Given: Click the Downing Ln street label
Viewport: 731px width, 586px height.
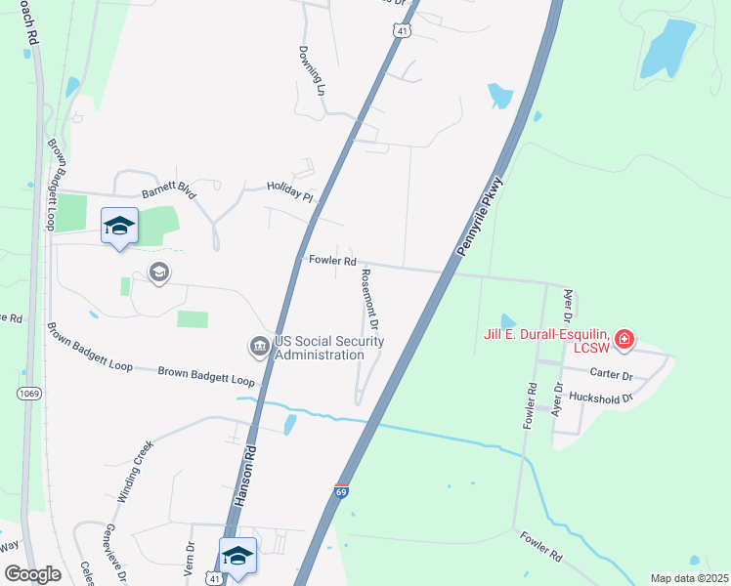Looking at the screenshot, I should (312, 67).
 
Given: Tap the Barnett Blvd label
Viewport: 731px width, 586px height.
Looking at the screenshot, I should (169, 192).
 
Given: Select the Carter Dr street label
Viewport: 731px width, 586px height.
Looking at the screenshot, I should (613, 374).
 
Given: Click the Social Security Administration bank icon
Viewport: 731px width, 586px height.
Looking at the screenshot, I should (260, 346).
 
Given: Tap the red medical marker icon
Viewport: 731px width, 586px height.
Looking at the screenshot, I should (623, 342).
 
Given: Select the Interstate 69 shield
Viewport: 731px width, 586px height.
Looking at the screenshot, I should (341, 491).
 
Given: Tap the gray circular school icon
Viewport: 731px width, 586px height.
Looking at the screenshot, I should (158, 271).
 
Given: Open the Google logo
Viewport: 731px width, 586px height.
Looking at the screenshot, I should (32, 574).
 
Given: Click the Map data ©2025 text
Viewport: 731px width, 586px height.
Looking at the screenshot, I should (688, 578).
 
